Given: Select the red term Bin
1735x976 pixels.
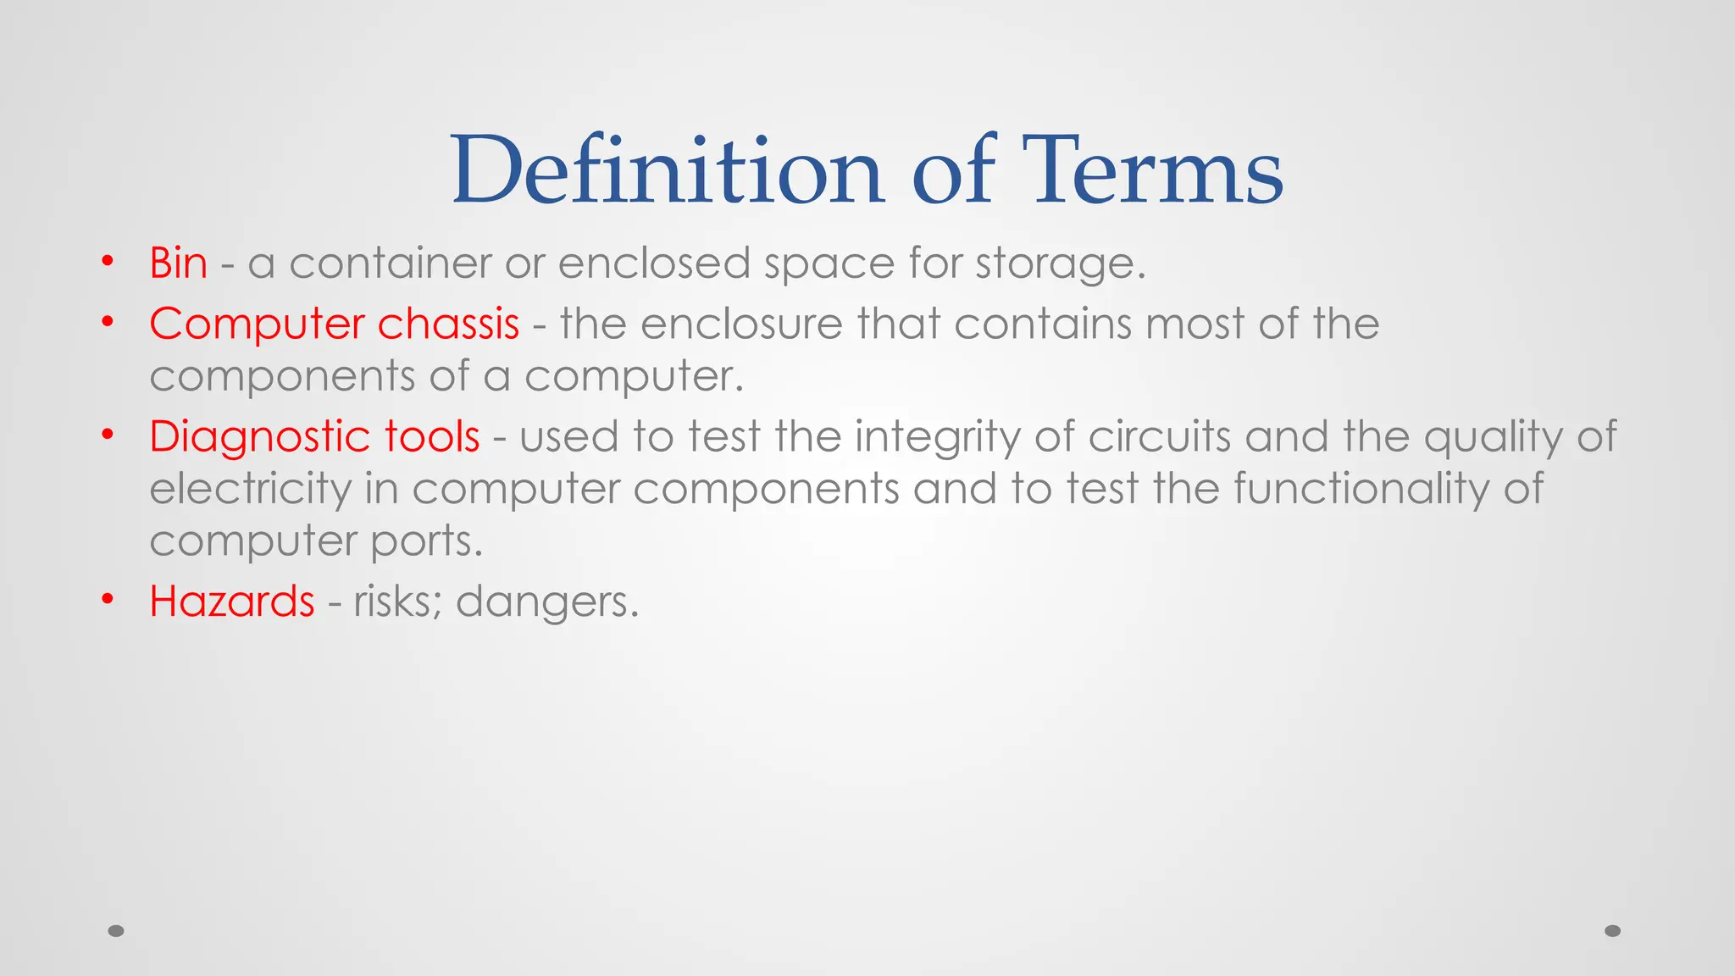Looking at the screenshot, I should point(178,263).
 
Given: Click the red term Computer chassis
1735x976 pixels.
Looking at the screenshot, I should point(334,324).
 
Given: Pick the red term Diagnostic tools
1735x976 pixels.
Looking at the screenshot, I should point(314,437).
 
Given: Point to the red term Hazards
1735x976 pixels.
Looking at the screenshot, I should point(231,602).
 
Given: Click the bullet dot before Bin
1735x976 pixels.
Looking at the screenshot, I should point(107,261).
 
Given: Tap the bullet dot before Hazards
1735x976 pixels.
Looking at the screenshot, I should point(107,599).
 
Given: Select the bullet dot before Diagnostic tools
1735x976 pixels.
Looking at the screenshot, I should point(107,435).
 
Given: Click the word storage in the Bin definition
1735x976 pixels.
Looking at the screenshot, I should point(1060,263).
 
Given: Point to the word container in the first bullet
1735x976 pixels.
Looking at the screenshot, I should point(390,263).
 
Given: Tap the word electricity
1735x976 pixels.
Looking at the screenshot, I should point(250,491).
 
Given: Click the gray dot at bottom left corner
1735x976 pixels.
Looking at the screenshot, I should point(116,931).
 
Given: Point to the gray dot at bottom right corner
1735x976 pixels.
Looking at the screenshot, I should point(1613,931).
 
